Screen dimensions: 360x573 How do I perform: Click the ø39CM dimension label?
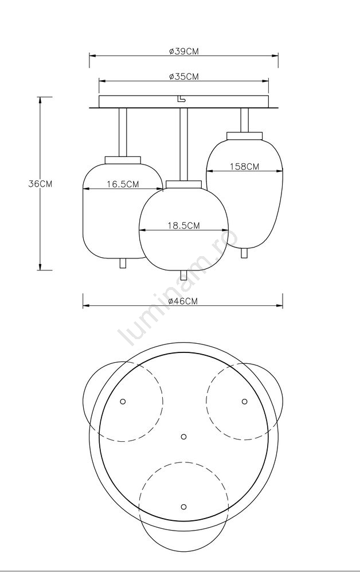[184, 52]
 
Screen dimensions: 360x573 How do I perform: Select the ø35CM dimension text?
[184, 76]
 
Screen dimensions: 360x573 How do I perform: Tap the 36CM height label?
[41, 184]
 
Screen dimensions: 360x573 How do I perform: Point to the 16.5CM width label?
[123, 184]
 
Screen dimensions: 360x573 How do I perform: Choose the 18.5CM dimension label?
[184, 225]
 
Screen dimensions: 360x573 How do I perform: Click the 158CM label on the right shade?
[245, 166]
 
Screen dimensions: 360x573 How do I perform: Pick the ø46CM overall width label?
[183, 301]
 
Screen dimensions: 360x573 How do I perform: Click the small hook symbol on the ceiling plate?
[180, 99]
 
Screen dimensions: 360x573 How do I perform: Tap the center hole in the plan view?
[184, 436]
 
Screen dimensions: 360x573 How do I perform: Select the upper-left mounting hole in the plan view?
[123, 401]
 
